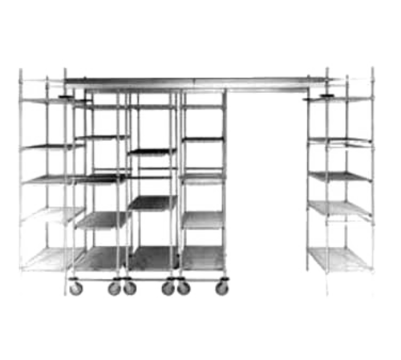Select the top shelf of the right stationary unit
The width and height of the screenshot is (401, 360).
click(x=341, y=100)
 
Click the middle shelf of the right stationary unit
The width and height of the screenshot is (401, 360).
click(x=341, y=174)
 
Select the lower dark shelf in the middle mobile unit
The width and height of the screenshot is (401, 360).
click(x=150, y=202)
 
